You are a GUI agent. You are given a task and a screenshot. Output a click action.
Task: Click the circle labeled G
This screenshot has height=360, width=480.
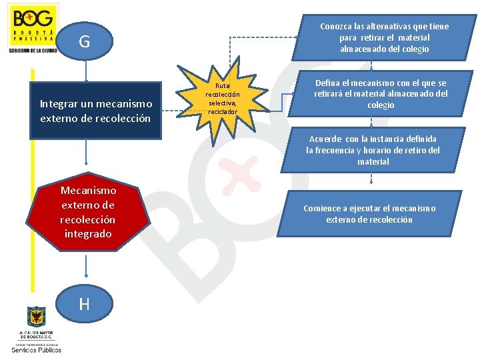[x=85, y=42]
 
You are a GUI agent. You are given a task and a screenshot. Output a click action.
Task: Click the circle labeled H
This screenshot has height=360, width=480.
[x=85, y=304]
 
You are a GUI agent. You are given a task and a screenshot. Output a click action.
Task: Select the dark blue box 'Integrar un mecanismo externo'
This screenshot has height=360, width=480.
[x=96, y=111]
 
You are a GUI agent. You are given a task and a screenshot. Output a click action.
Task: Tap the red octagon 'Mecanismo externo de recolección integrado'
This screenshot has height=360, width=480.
[x=87, y=213]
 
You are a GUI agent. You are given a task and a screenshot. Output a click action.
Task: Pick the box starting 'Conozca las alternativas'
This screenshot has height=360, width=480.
[x=384, y=37]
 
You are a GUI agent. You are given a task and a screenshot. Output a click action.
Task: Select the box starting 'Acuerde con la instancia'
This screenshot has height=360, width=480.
[x=373, y=150]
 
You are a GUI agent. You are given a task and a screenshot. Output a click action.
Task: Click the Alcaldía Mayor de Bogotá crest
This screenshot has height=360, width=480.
[x=36, y=317]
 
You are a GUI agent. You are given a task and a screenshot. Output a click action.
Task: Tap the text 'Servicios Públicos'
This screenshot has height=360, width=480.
[x=36, y=349]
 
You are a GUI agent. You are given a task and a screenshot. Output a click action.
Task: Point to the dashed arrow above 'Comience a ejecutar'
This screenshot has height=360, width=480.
[x=371, y=179]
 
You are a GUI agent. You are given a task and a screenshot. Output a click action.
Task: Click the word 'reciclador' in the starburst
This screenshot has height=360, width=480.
[x=221, y=111]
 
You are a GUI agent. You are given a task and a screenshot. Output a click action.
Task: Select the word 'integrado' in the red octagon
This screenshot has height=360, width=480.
[x=88, y=233]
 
